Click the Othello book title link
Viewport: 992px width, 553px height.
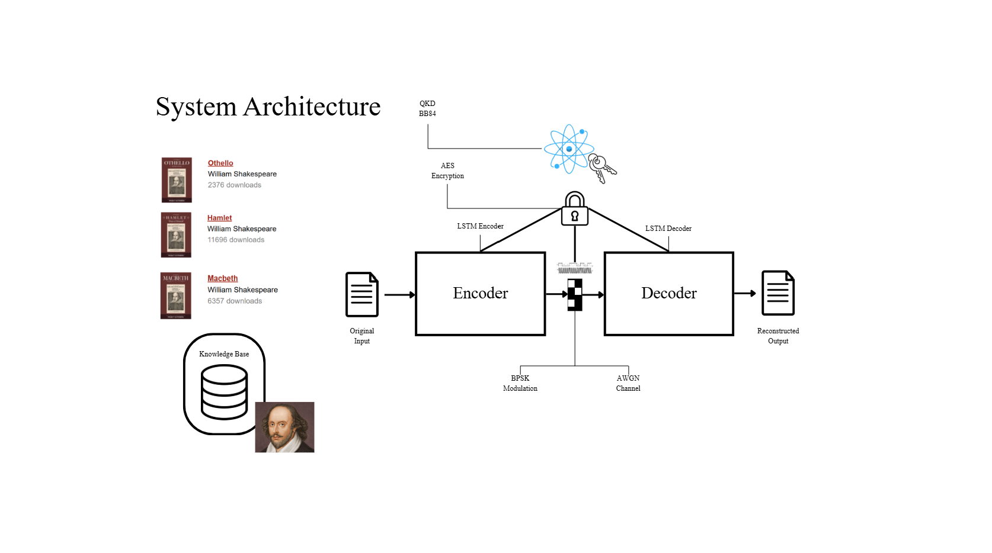pos(220,163)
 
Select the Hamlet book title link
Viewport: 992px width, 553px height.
pos(219,218)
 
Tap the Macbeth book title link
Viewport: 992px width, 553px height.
pos(222,278)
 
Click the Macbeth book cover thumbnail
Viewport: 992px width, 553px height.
pos(176,295)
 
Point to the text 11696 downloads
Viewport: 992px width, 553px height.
pos(236,240)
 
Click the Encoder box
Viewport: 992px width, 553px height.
pos(480,294)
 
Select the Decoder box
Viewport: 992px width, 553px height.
pos(668,294)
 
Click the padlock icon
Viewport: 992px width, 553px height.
pos(574,209)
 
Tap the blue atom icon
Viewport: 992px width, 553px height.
pos(568,149)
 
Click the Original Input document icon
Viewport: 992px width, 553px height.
pos(361,294)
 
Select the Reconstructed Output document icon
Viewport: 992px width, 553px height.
pos(777,293)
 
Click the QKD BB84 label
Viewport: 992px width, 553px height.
pos(427,108)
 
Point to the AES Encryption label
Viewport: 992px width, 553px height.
pos(447,171)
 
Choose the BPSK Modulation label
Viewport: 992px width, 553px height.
pos(520,383)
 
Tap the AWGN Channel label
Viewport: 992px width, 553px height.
pos(628,383)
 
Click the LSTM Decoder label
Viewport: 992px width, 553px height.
pos(668,229)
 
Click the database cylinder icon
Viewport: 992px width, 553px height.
pos(224,391)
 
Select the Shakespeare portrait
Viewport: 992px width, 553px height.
pos(284,427)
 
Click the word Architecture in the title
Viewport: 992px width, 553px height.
pos(312,107)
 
